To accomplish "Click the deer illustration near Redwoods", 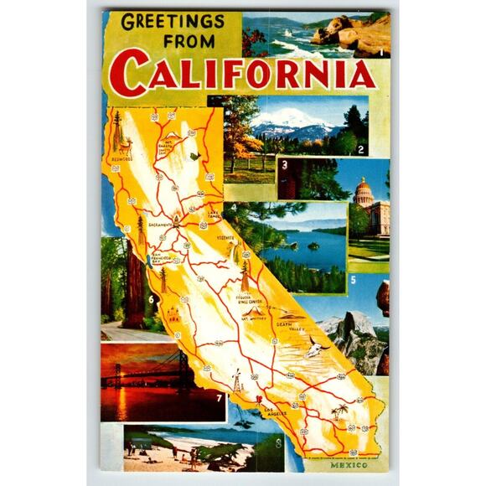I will [117, 134].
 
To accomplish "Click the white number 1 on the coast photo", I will [381, 52].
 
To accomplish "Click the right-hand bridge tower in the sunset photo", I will [183, 366].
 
